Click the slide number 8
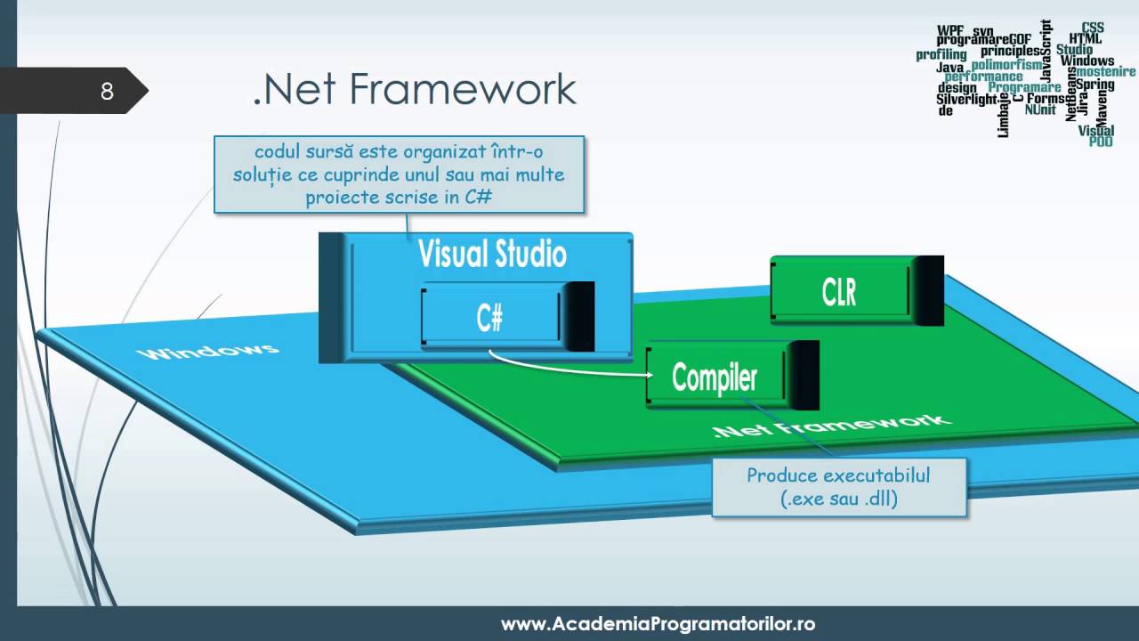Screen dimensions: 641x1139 107,91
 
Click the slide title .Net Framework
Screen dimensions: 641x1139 415,89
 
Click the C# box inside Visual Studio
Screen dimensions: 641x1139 489,317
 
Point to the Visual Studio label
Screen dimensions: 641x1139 492,255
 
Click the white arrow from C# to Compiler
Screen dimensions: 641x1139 569,368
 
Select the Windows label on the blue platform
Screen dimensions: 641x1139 208,351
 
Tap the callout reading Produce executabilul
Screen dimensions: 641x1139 838,487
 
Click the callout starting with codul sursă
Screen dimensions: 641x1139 399,174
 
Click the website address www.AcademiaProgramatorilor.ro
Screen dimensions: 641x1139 658,623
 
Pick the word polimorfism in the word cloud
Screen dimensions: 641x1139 1006,65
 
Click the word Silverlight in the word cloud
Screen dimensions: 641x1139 966,100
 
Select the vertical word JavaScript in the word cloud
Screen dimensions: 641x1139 1046,49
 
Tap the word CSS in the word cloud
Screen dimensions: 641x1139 1093,28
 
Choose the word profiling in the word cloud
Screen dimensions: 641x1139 941,55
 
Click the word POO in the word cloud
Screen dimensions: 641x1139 1101,142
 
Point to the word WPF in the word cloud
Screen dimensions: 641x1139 949,30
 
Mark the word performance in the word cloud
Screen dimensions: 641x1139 983,77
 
